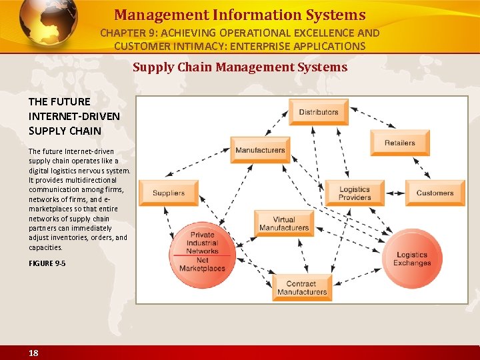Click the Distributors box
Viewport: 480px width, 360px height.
319,112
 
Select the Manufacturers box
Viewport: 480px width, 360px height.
260,150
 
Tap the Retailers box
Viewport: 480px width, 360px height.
400,143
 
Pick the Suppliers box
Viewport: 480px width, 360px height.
169,193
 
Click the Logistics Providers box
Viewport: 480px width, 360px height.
355,193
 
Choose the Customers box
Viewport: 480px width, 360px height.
435,193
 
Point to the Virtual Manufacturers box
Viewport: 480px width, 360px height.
284,224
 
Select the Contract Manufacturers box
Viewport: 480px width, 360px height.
301,288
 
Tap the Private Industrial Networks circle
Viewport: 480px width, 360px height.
202,243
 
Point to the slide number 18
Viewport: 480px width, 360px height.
33,353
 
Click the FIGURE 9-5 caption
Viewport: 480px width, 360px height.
47,263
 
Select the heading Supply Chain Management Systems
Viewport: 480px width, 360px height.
240,67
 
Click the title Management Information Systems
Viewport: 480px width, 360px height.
240,15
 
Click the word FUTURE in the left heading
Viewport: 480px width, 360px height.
69,101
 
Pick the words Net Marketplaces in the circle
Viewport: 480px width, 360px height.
202,264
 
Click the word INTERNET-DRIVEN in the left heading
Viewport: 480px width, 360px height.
74,116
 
